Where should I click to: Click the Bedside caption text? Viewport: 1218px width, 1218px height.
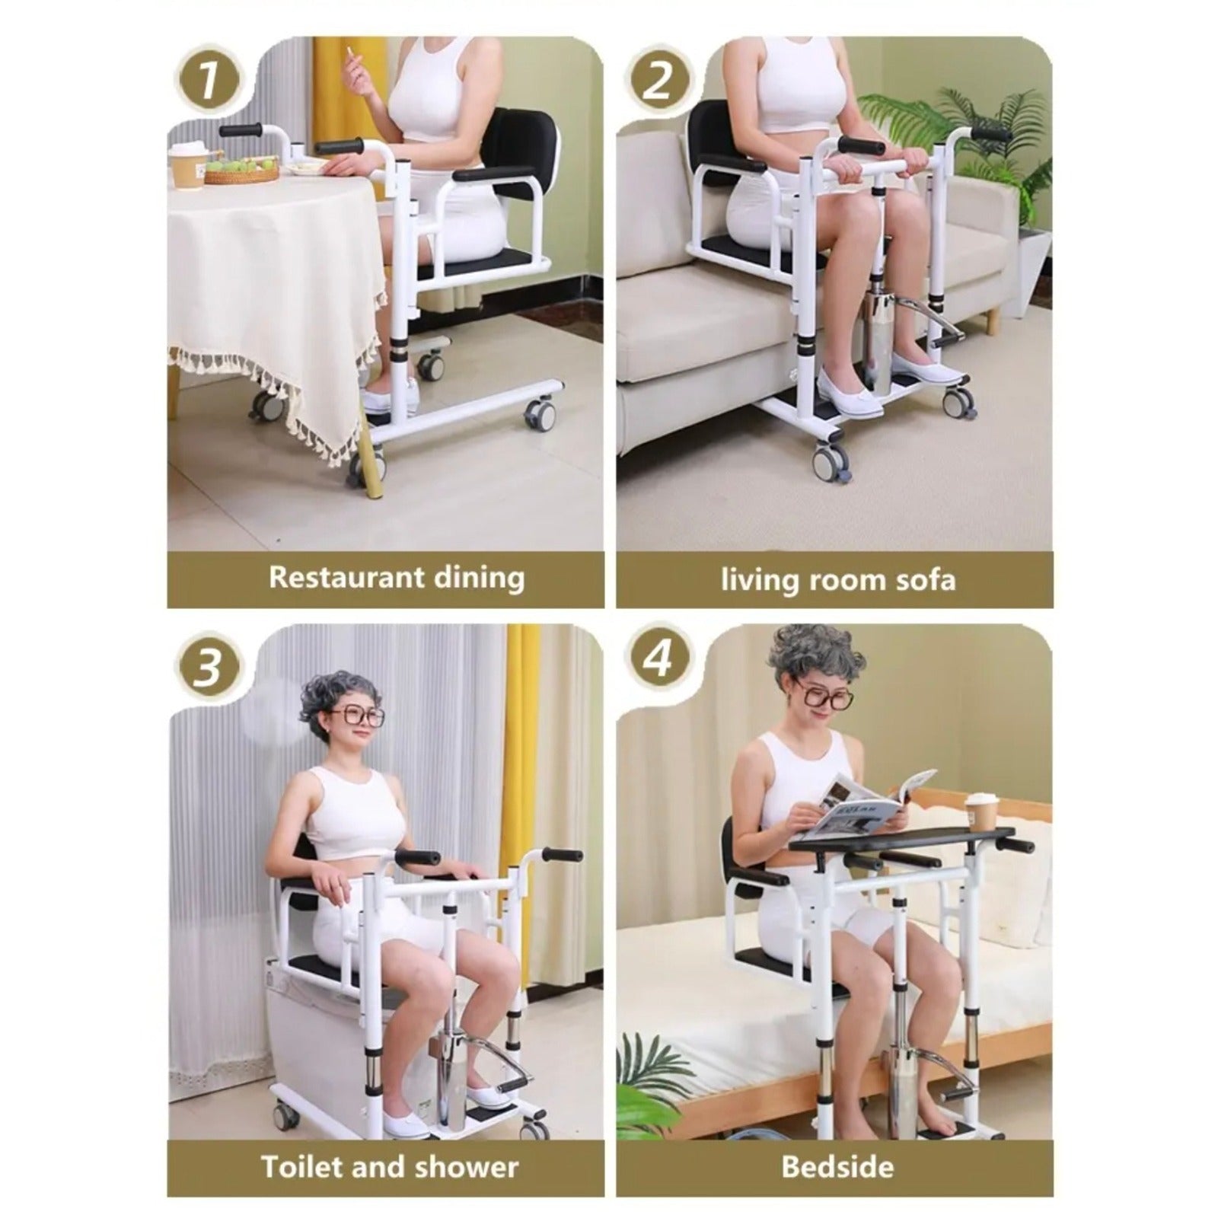837,1166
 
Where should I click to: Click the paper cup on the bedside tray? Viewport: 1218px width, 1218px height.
981,812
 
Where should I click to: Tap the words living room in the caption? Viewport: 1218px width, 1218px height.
798,580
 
